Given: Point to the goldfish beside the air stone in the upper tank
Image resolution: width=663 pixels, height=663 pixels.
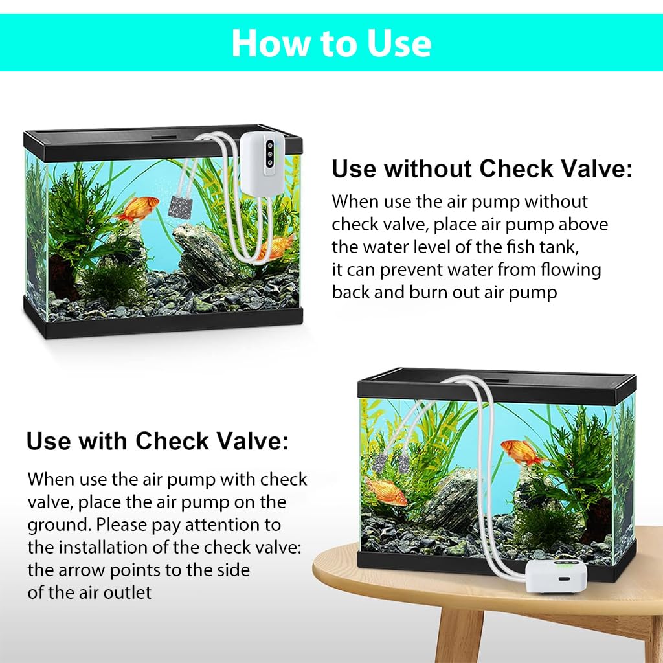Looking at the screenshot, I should [x=137, y=208].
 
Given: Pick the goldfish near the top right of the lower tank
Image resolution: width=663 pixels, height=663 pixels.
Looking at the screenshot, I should [x=522, y=451].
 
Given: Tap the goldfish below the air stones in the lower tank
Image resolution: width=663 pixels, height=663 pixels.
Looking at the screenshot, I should [x=387, y=491].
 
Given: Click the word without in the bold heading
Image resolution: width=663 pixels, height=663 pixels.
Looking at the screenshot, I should [x=427, y=170].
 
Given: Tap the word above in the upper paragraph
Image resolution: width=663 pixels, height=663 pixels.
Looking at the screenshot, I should [x=583, y=224].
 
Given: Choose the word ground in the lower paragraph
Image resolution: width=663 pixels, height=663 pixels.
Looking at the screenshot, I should [x=59, y=524].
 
